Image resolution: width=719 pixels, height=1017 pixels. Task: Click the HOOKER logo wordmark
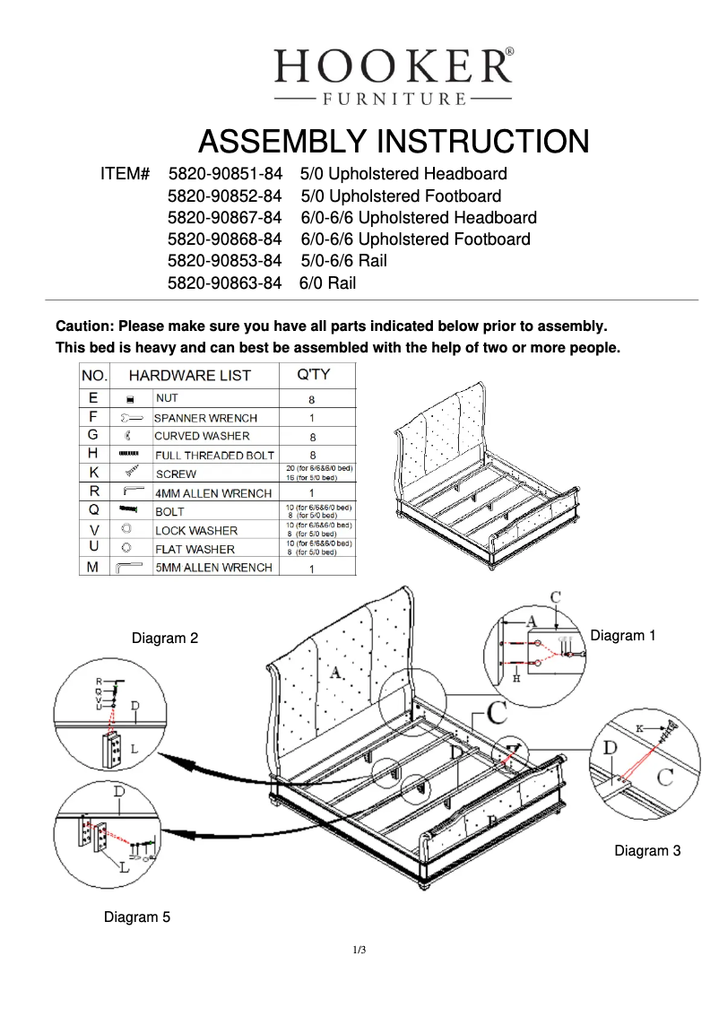click(393, 66)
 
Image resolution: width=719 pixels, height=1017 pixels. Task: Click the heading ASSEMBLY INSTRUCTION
click(393, 142)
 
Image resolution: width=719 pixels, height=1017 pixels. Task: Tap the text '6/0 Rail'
click(328, 283)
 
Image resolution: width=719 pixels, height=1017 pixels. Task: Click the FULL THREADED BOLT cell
click(214, 456)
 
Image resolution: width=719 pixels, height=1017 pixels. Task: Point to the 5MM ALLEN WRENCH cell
click(213, 568)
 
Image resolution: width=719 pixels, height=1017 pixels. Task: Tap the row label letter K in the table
click(94, 473)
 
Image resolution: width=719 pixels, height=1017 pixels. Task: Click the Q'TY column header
click(313, 375)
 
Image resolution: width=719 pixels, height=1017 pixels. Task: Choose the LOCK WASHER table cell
click(195, 531)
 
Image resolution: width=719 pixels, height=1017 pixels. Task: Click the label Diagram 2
click(165, 639)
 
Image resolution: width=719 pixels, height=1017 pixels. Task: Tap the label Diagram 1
click(623, 635)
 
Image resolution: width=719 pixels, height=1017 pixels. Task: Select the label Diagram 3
click(647, 850)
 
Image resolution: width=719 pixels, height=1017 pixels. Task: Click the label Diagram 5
click(137, 917)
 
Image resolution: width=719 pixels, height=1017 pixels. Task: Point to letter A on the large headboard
click(336, 671)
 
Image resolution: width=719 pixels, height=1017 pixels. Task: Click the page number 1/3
click(359, 950)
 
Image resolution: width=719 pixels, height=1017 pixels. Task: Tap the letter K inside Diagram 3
click(641, 729)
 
